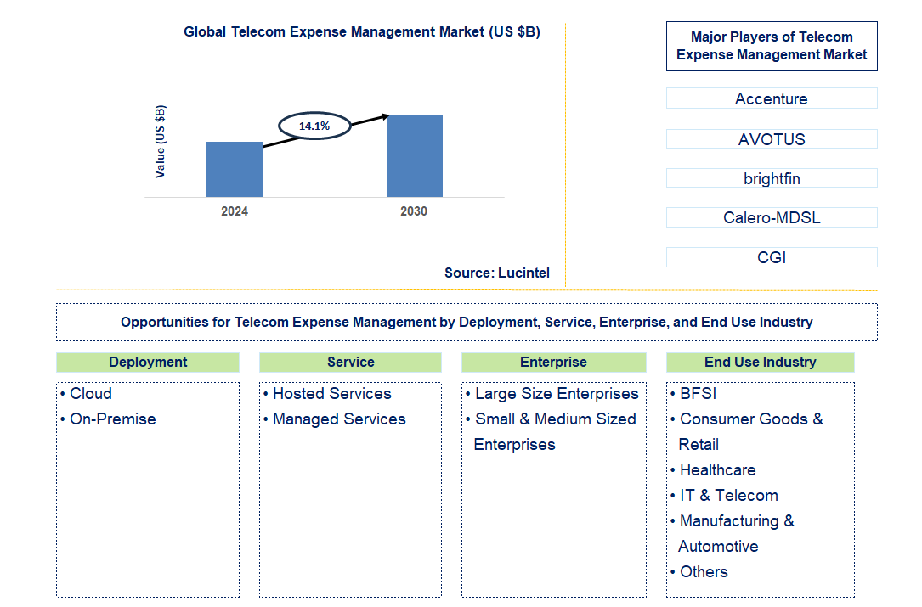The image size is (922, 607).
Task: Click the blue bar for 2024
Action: tap(235, 170)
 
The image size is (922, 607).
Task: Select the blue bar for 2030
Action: tap(414, 156)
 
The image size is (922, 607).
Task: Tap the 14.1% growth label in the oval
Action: tap(314, 126)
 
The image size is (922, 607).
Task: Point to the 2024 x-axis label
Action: tap(235, 211)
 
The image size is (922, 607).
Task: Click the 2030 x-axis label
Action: tap(414, 211)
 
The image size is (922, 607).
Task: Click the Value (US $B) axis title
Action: tap(161, 141)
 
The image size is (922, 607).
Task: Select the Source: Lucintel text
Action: tap(497, 273)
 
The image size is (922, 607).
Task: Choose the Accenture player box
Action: tap(771, 99)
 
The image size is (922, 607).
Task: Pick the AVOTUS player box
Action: tap(771, 139)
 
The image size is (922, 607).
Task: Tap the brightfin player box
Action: tap(771, 178)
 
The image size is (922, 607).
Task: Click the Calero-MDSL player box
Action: tap(771, 217)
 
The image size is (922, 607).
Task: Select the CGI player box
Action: tap(771, 257)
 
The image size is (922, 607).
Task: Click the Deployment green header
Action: tap(148, 363)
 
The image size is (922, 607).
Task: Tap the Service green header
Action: tap(350, 363)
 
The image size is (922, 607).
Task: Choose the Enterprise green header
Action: tap(553, 363)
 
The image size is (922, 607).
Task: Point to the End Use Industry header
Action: tap(760, 363)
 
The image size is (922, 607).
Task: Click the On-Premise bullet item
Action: tap(112, 419)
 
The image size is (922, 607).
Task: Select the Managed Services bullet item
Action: tap(338, 419)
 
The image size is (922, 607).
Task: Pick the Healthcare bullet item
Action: tap(716, 470)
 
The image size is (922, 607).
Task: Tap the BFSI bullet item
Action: tap(699, 394)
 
